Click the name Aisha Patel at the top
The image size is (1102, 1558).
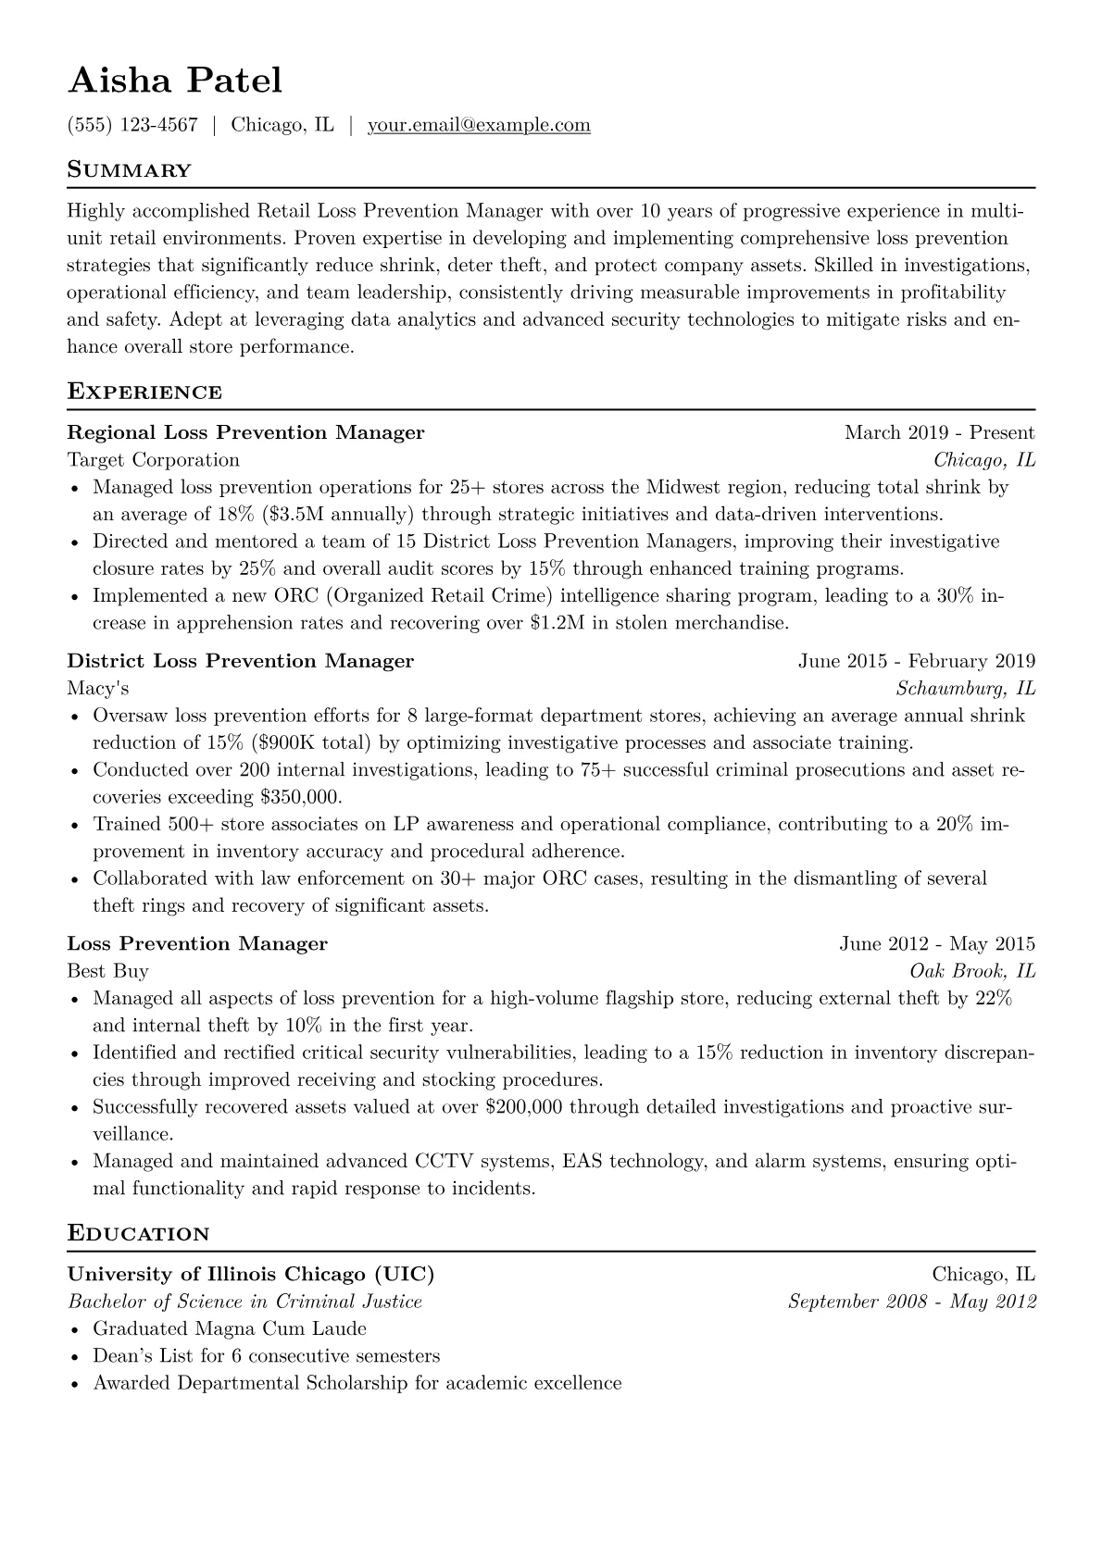pos(175,81)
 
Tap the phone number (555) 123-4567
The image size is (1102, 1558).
pos(132,125)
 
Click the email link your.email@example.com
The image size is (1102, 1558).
pos(479,125)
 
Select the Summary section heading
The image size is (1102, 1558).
pos(130,170)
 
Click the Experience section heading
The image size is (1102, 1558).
pos(144,392)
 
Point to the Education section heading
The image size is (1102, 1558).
pos(138,1233)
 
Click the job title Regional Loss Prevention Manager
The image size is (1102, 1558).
pos(245,432)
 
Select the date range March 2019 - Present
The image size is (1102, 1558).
pos(939,432)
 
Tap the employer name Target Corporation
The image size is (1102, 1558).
pos(154,460)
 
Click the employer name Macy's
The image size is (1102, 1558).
pos(98,688)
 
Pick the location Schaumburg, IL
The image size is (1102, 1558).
pos(966,688)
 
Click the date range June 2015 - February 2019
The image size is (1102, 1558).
pos(916,661)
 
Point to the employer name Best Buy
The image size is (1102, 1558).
pos(107,971)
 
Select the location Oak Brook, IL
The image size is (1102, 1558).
pos(972,971)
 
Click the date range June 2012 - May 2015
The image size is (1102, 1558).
pos(937,944)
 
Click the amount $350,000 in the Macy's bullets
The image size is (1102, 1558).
pos(301,797)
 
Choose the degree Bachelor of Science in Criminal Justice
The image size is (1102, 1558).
pos(244,1302)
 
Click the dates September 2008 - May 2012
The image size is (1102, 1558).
pos(911,1302)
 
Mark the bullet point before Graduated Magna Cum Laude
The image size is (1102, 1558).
pos(75,1329)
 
